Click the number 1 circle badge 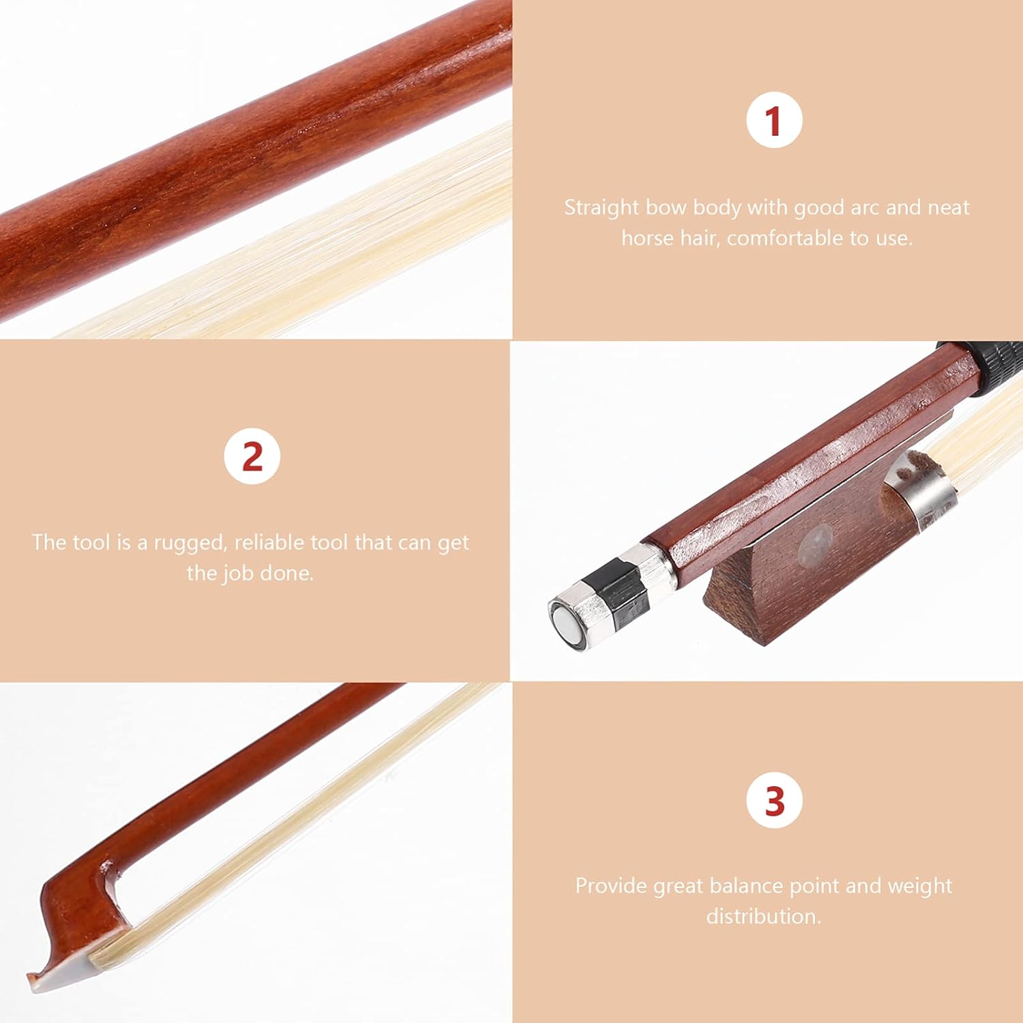pyautogui.click(x=773, y=121)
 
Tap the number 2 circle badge pyautogui.click(x=252, y=456)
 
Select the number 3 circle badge pyautogui.click(x=774, y=801)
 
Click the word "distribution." pyautogui.click(x=764, y=916)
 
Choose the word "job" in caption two pyautogui.click(x=233, y=573)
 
